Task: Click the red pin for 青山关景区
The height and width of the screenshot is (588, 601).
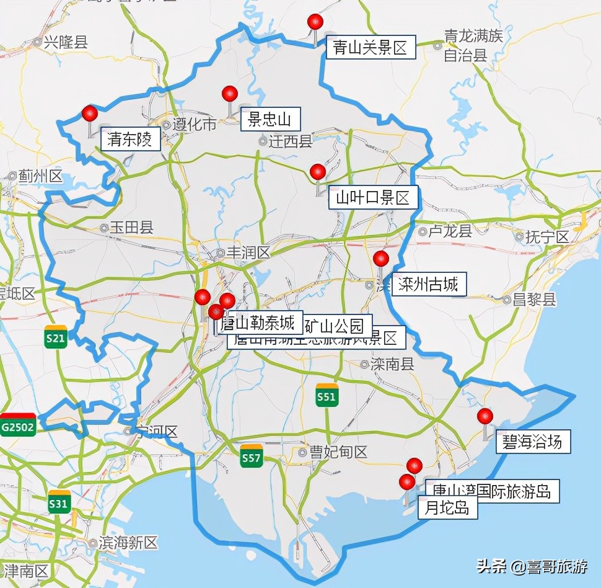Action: (x=315, y=22)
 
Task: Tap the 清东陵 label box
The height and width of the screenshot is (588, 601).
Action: (x=130, y=139)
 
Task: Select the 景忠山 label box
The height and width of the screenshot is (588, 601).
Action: (x=270, y=118)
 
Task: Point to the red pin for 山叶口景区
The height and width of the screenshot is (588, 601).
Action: (x=318, y=172)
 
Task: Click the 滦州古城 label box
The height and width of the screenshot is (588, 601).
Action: (x=428, y=285)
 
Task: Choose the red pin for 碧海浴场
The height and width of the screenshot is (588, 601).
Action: (x=485, y=416)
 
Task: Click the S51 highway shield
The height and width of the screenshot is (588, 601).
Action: (x=326, y=395)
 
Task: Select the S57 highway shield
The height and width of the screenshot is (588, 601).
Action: (x=252, y=456)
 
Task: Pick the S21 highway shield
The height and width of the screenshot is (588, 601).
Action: (x=56, y=336)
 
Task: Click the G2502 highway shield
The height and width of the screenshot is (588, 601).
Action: (x=18, y=425)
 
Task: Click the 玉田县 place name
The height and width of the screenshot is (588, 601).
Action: (x=131, y=228)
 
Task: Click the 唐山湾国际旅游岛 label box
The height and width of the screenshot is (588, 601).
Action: (x=492, y=491)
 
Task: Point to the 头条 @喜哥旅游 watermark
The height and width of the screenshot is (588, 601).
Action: (x=532, y=566)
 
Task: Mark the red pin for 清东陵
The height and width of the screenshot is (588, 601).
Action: (x=90, y=114)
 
